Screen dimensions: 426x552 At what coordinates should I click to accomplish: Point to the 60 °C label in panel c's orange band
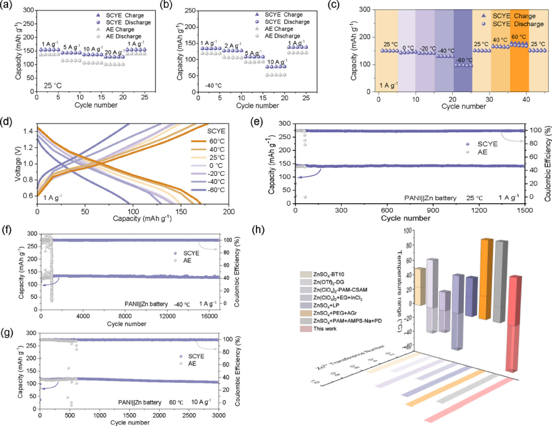[519, 37]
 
